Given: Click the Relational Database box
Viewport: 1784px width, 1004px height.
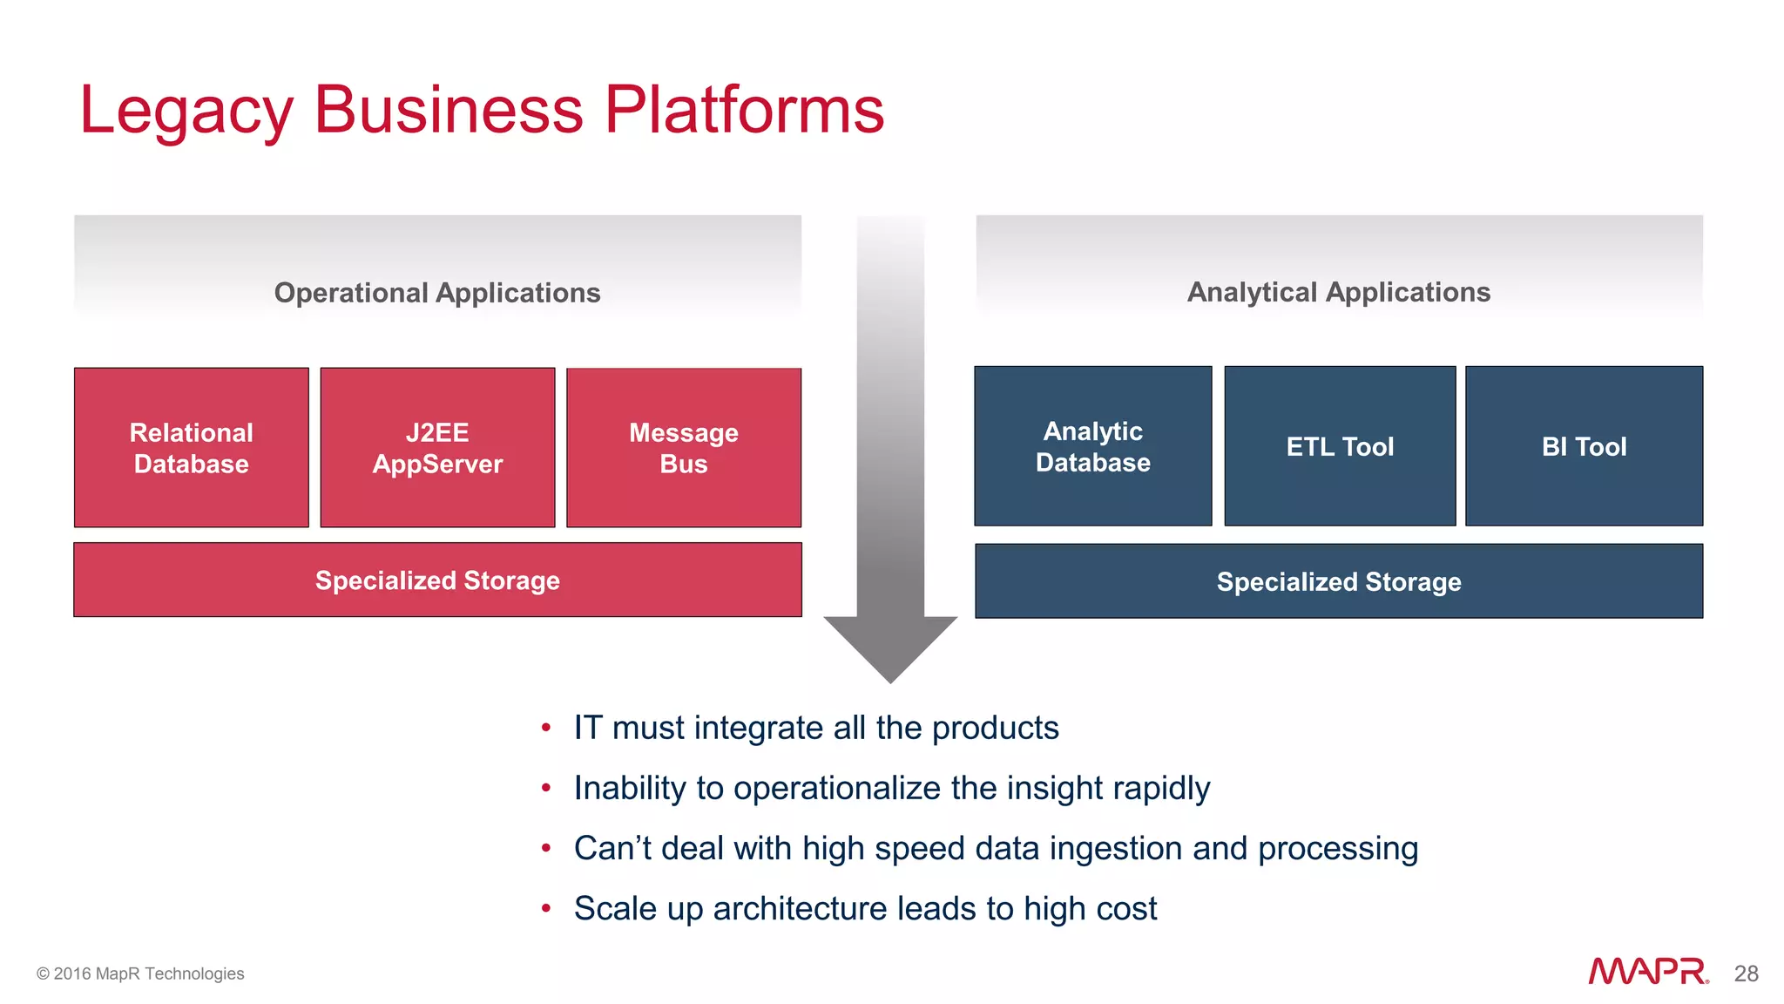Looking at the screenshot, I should point(192,448).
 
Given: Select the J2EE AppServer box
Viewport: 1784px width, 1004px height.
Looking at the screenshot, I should point(437,448).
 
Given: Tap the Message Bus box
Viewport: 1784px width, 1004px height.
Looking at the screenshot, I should point(684,448).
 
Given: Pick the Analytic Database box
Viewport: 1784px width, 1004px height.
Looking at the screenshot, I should point(1092,446).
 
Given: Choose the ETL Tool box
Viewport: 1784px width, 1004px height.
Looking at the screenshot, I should point(1340,446).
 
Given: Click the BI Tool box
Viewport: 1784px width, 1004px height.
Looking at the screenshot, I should point(1584,446).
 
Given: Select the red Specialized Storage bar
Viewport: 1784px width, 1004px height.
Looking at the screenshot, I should point(437,580).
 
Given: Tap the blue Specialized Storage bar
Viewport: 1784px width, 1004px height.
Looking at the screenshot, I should point(1339,581).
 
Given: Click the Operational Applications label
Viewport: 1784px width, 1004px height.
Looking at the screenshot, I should point(437,293).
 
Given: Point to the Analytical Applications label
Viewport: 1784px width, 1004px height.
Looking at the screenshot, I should point(1339,292).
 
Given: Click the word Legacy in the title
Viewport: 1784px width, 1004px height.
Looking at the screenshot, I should point(186,111).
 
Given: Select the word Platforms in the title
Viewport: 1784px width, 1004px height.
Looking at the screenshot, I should point(744,111).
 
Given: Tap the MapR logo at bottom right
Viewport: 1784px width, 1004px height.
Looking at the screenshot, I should point(1647,972).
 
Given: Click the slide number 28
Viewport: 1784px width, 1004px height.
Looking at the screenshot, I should point(1746,973).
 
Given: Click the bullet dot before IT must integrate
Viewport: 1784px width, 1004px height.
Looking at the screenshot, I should point(546,728).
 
